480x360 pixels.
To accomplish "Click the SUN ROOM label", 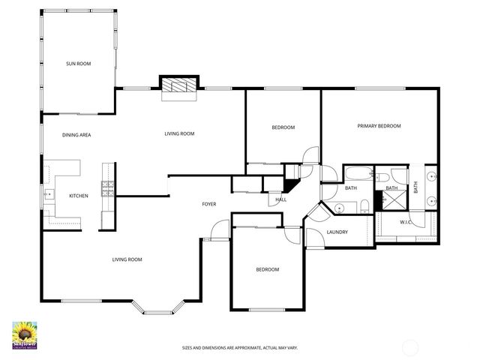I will (x=78, y=64).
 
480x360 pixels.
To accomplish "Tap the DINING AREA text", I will (x=76, y=134).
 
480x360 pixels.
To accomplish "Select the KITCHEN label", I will (x=79, y=196).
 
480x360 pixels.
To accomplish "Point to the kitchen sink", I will (x=49, y=195).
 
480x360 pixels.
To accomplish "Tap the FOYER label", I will (x=209, y=204).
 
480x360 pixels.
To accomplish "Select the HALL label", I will (x=280, y=199).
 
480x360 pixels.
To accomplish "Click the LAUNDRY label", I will (x=337, y=232).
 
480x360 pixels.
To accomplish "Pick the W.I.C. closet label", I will (x=407, y=222).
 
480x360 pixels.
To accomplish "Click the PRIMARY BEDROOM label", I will (x=379, y=126).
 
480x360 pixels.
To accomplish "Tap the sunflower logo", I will (x=27, y=334).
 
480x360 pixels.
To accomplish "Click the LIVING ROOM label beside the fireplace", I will (x=179, y=133).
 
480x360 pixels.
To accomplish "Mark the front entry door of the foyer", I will (x=218, y=230).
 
